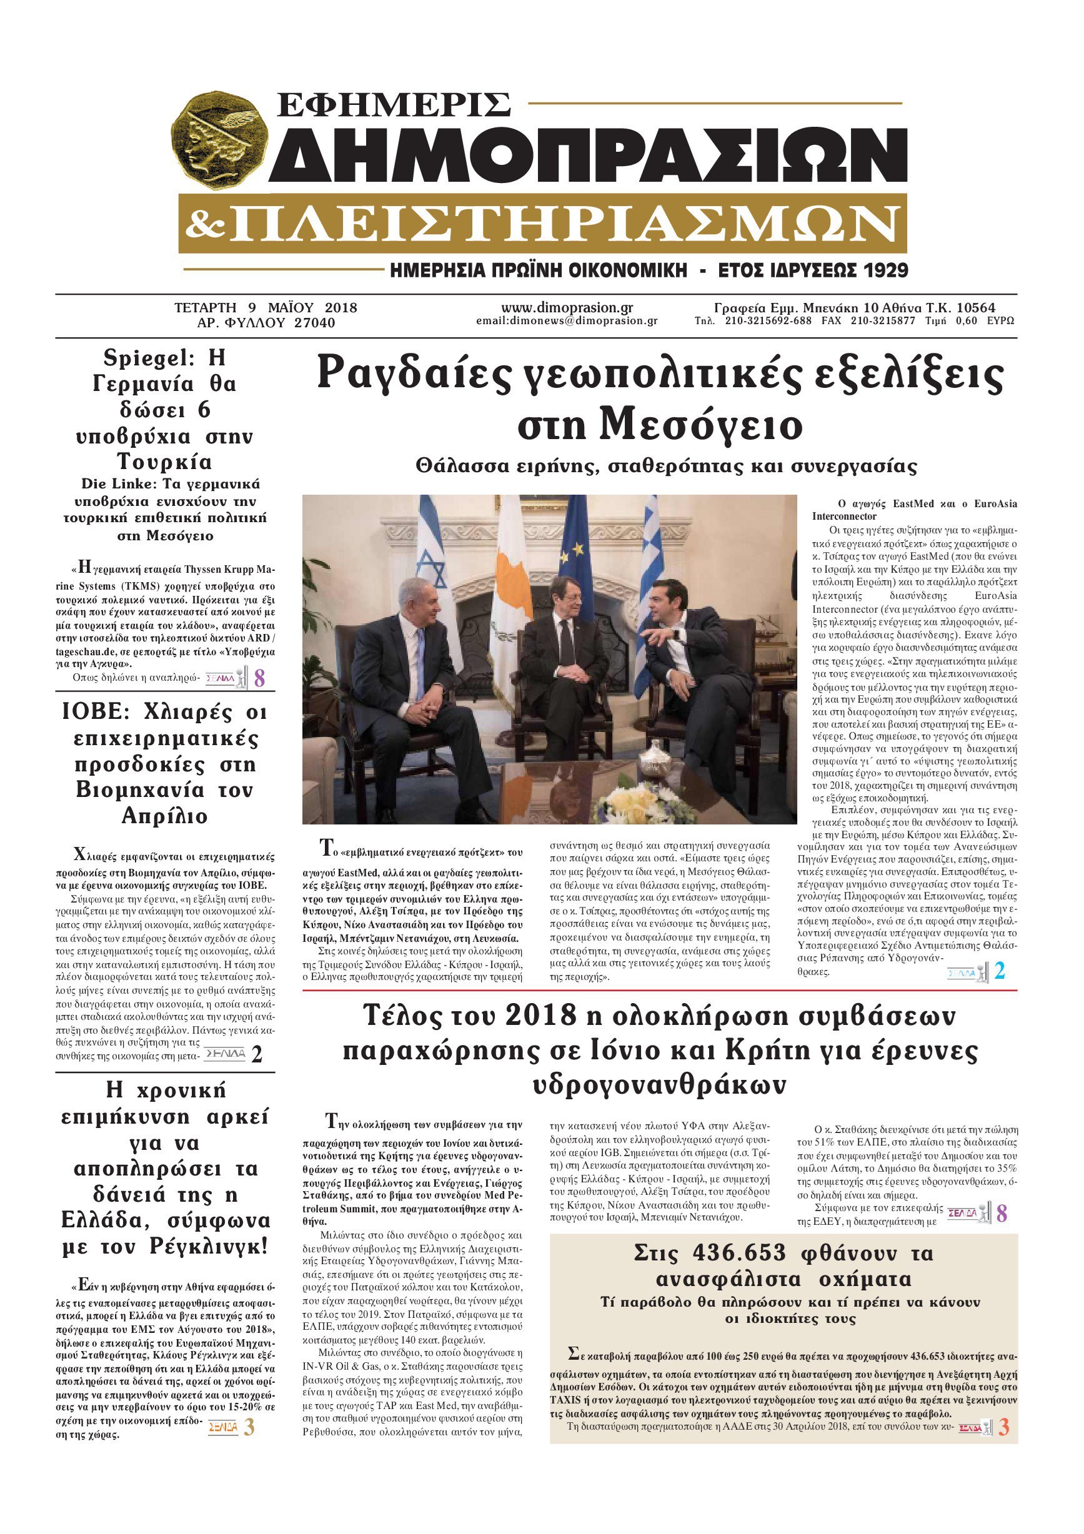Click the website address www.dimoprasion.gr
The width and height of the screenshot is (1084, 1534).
click(567, 307)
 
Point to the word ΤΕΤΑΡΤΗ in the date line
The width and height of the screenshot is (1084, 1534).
click(205, 308)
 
